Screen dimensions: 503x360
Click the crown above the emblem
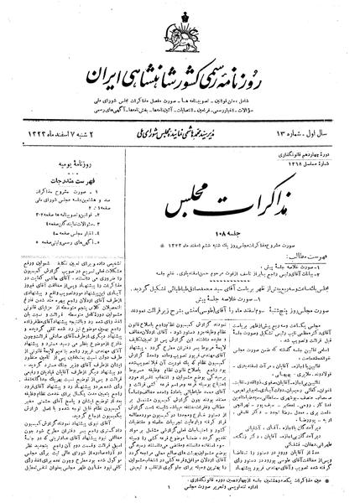(x=180, y=15)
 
